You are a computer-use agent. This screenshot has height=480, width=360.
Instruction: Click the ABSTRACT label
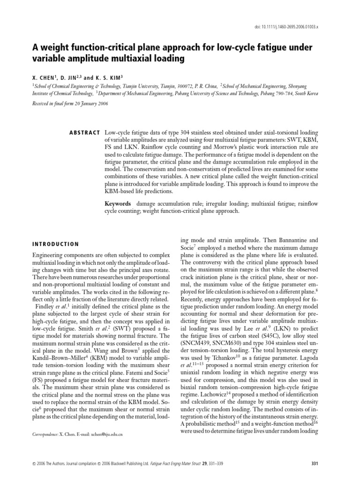[84, 133]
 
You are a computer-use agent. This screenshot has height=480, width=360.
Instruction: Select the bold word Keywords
[119, 204]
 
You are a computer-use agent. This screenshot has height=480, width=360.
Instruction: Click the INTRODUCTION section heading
[55, 244]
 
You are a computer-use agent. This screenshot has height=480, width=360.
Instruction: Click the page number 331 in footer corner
[315, 464]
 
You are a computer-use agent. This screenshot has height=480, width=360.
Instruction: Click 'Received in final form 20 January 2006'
[70, 104]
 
